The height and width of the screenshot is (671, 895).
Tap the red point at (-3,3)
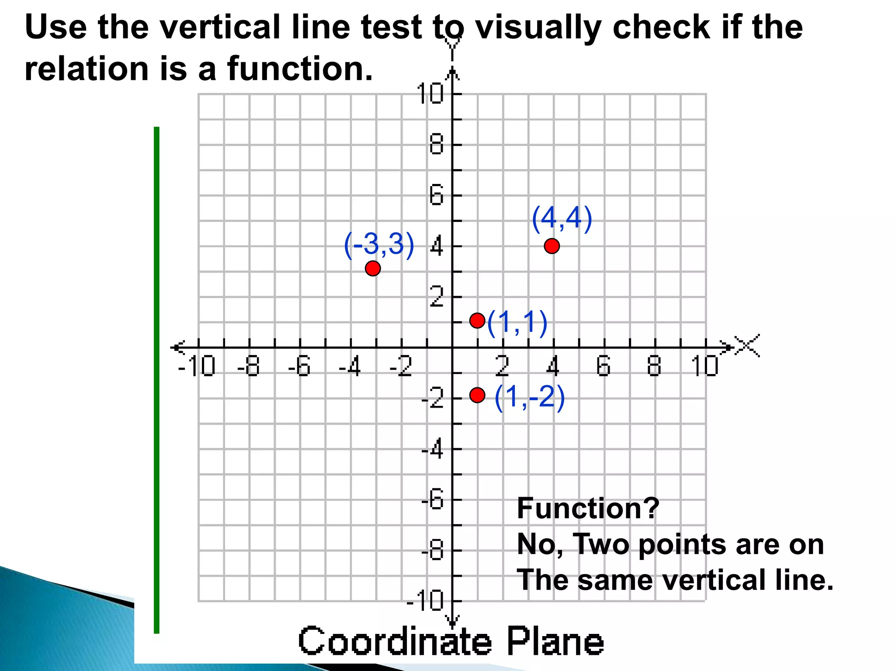point(372,268)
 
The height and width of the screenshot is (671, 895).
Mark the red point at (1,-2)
point(477,395)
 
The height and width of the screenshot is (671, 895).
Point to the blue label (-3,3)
point(378,245)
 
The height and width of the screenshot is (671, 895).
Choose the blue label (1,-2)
point(529,398)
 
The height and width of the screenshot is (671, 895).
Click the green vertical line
point(157,380)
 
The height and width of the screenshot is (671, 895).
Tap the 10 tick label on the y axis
point(430,93)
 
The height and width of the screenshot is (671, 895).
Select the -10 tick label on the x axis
point(197,366)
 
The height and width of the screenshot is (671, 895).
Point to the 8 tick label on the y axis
point(436,145)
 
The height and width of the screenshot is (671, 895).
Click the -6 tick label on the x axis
point(299,366)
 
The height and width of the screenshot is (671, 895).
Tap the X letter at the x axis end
point(747,346)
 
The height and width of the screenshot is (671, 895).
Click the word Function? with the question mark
point(588,508)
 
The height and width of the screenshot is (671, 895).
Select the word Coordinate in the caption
point(395,641)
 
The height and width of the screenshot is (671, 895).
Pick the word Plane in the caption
point(555,641)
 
